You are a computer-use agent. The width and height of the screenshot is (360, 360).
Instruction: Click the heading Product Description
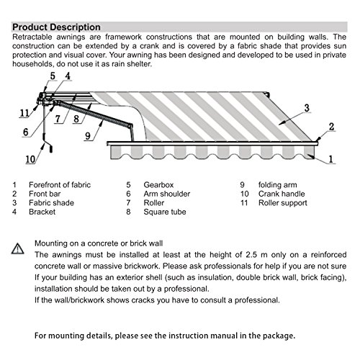tap(56, 27)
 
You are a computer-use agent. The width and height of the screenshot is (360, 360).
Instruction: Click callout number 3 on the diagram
tap(307, 108)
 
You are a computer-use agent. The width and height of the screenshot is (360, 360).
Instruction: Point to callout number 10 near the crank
tap(30, 159)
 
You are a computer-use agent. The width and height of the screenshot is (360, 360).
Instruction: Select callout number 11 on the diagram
tap(24, 113)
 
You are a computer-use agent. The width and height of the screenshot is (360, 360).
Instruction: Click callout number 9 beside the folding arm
tap(88, 136)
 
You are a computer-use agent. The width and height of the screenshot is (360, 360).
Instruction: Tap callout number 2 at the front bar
tap(331, 127)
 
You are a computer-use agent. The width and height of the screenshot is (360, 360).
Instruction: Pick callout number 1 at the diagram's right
tap(331, 159)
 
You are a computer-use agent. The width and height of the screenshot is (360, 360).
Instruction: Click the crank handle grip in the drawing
tap(51, 150)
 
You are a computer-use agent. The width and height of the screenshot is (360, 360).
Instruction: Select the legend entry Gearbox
tap(158, 185)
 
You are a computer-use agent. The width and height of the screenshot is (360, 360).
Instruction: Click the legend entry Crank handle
tap(282, 194)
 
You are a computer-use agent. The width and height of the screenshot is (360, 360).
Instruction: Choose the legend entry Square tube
tap(165, 212)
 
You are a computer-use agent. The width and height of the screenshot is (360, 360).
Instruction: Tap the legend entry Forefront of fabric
tap(60, 185)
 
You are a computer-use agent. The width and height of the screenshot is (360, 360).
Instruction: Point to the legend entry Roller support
tap(283, 203)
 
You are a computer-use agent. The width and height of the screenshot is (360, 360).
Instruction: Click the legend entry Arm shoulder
tap(167, 194)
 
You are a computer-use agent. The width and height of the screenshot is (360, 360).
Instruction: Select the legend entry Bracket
tap(42, 212)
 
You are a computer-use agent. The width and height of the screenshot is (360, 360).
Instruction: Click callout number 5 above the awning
tap(53, 76)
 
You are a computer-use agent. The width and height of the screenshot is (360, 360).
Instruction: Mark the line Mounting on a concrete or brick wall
tap(99, 243)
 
